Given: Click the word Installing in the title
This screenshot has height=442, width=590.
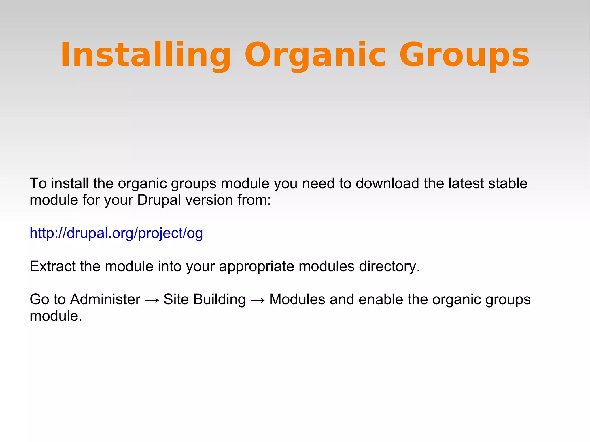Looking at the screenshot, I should click(x=145, y=55).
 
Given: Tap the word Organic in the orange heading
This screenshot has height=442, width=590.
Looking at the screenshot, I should click(x=315, y=55).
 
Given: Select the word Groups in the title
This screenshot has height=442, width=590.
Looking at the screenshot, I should click(x=464, y=55).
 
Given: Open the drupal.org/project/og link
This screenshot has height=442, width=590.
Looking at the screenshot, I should click(x=116, y=233).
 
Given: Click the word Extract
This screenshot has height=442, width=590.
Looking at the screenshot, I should click(x=53, y=266).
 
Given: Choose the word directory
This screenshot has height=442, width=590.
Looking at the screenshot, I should click(x=389, y=266).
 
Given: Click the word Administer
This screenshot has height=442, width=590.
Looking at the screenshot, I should click(x=105, y=299).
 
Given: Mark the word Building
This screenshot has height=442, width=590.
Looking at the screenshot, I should click(x=220, y=299).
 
